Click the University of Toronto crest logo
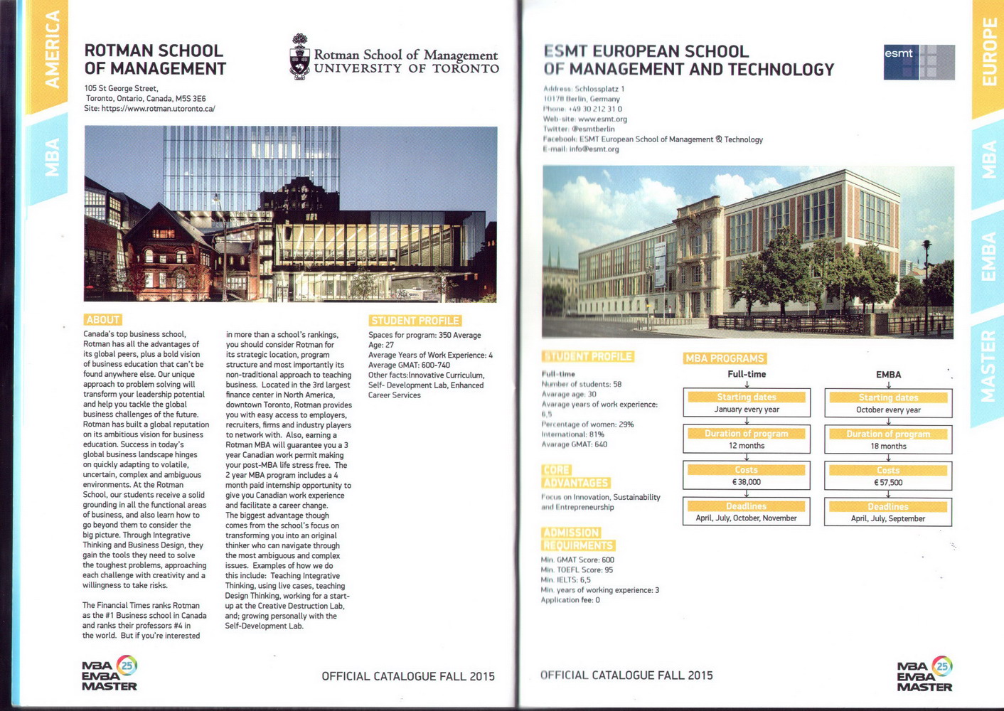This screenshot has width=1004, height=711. (x=300, y=56)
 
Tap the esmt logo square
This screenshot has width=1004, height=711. (x=919, y=62)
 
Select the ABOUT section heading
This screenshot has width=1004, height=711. (x=102, y=320)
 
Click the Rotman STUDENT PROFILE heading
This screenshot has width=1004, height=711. (x=415, y=321)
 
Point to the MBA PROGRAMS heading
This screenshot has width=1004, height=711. (x=725, y=358)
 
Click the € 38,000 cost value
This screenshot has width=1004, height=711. (x=747, y=482)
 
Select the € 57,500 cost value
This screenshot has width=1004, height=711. (x=888, y=483)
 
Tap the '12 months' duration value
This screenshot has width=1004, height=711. (x=747, y=446)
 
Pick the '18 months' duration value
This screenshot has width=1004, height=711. (x=888, y=447)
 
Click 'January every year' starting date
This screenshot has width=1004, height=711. (x=747, y=410)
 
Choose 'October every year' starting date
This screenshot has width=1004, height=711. (x=888, y=410)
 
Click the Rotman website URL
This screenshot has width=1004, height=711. (x=158, y=109)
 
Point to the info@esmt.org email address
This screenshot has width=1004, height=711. (x=594, y=149)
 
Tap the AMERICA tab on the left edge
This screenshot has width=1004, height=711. (x=51, y=50)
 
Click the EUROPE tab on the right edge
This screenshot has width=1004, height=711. (x=988, y=53)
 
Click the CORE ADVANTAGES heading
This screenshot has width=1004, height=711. (x=575, y=476)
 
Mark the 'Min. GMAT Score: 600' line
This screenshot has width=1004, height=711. (x=577, y=560)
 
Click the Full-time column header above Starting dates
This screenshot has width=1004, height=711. (x=747, y=374)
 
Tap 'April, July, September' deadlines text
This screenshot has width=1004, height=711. (x=888, y=519)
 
